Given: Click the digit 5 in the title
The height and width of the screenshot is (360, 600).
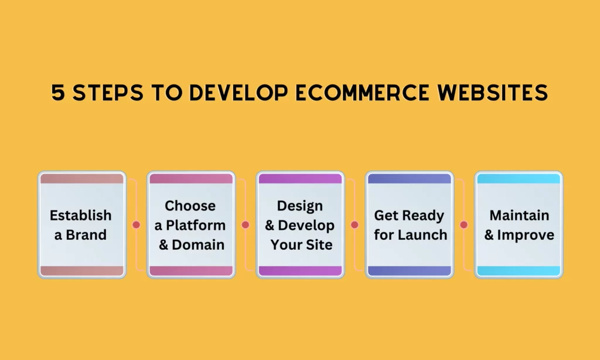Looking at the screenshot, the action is (x=58, y=93).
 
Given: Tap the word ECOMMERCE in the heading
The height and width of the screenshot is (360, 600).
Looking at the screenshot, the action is (x=362, y=93).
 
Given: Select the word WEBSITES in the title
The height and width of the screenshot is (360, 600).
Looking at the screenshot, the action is (x=493, y=93).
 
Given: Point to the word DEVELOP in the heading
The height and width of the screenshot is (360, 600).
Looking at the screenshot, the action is (x=238, y=93).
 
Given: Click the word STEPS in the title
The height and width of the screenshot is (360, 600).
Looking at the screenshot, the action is (x=108, y=93).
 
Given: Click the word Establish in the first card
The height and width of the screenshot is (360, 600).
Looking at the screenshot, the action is (x=80, y=215).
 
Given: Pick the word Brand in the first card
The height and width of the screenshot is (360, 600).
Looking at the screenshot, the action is (x=86, y=235).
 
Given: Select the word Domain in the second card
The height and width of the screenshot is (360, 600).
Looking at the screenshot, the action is (x=198, y=244).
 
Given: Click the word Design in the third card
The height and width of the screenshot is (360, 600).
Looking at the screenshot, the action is (x=300, y=206).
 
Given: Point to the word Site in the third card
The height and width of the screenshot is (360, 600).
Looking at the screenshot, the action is (x=319, y=244).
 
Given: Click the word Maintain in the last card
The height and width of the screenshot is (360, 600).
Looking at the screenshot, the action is (x=519, y=215).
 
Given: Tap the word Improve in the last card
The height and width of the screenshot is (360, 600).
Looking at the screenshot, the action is (x=526, y=235).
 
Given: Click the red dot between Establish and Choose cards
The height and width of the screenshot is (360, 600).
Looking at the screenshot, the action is (x=136, y=225).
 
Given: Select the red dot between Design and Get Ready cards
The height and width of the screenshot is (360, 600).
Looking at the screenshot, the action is (x=354, y=225).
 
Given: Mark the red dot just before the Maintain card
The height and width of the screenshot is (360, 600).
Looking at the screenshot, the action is (x=464, y=225).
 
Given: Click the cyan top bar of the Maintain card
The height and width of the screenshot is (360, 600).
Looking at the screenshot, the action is (x=519, y=178).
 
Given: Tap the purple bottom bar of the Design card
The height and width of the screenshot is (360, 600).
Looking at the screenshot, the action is (x=301, y=271).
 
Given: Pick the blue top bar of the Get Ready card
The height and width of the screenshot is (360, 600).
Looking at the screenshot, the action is (x=410, y=178).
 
